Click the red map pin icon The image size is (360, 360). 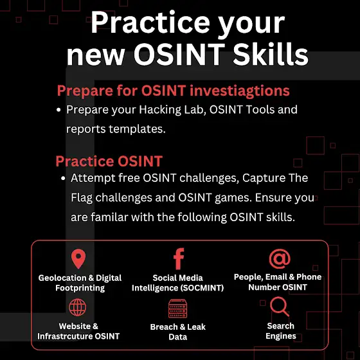point(78,258)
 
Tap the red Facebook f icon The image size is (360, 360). point(179,258)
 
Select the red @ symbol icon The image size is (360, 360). point(280,258)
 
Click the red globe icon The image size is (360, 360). point(78,307)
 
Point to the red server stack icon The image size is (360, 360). point(177,309)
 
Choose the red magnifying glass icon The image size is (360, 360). point(280,307)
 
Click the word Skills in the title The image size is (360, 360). point(271,55)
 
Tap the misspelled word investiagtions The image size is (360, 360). point(239,91)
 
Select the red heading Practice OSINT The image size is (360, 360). point(109,161)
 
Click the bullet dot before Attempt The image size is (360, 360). point(63,179)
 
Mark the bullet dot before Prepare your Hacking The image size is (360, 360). point(59,110)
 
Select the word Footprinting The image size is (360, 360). point(80,288)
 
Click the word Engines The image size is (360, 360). point(281,336)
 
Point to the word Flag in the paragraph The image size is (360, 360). point(82,198)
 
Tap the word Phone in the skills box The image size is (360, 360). point(309,277)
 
